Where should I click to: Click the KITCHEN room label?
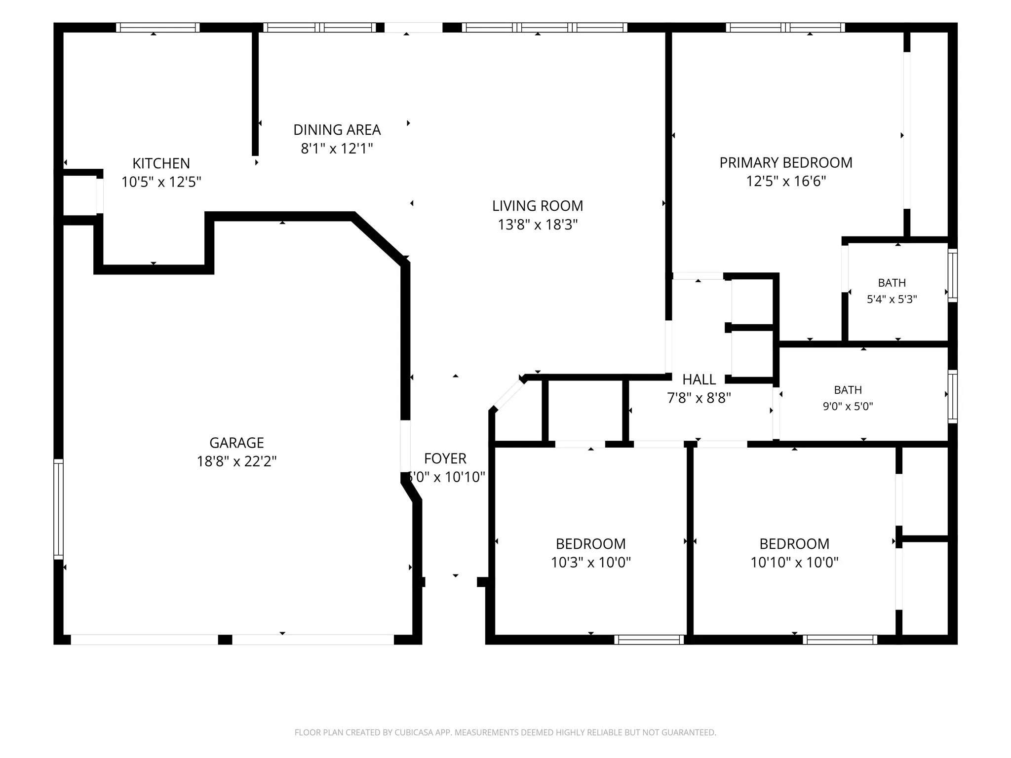click(x=161, y=163)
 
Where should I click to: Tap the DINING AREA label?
click(x=337, y=130)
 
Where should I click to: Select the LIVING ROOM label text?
click(x=538, y=206)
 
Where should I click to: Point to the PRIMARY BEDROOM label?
click(x=786, y=163)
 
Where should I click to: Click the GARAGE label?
click(x=236, y=443)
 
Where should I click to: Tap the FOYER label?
click(x=445, y=458)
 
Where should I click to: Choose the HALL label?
click(x=699, y=379)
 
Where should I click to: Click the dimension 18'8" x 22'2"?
click(x=236, y=461)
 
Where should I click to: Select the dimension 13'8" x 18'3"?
click(x=538, y=225)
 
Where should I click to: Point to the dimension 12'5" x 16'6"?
click(x=786, y=181)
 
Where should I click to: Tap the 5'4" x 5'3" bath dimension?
click(x=892, y=299)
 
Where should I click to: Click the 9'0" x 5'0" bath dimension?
click(x=848, y=406)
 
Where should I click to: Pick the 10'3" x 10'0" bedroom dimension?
click(x=591, y=562)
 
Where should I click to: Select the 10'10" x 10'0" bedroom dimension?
click(x=794, y=562)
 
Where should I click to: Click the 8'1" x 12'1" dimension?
click(x=337, y=148)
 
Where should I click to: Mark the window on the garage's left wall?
click(x=58, y=509)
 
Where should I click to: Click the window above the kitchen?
click(x=158, y=28)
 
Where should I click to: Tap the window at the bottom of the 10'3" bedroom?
click(x=649, y=640)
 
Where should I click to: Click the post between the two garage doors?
click(x=225, y=640)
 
